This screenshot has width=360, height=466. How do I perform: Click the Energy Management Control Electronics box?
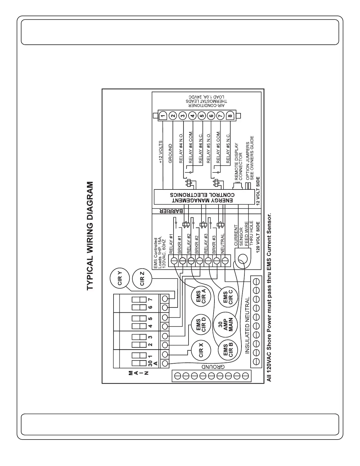[204, 197]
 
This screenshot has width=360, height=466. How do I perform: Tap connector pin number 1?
[163, 116]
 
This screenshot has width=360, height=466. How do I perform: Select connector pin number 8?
[230, 116]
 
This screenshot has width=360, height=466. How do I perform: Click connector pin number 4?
[192, 116]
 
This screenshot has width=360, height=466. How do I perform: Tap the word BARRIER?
[172, 211]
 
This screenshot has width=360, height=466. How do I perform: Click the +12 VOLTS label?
[161, 152]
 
